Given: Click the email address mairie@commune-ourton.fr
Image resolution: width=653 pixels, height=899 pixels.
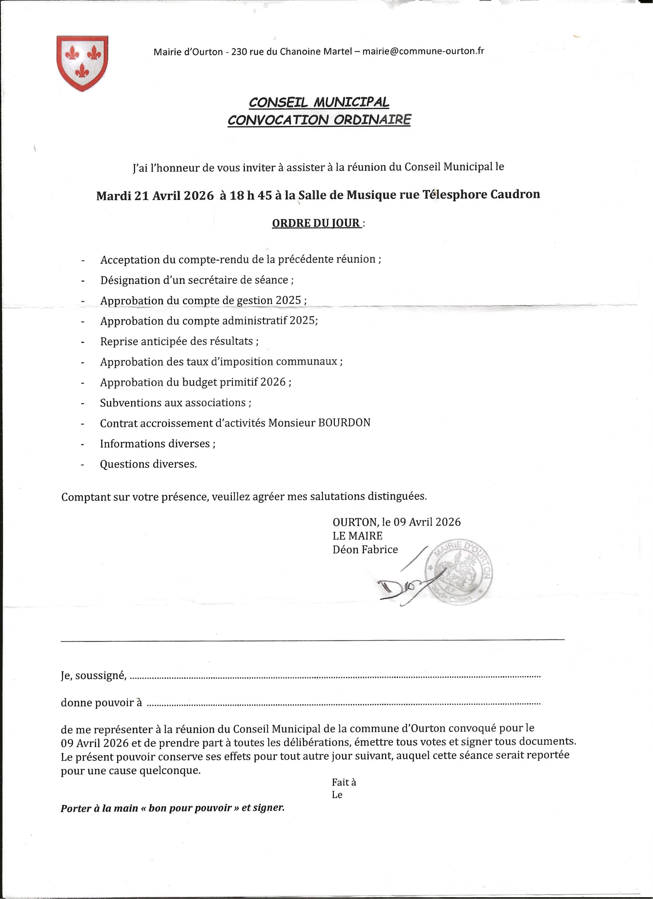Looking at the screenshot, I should pyautogui.click(x=423, y=51).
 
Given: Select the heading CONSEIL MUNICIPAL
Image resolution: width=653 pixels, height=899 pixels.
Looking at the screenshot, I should pyautogui.click(x=319, y=102).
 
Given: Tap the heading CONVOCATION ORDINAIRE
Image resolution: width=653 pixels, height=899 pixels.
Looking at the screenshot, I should pyautogui.click(x=319, y=120).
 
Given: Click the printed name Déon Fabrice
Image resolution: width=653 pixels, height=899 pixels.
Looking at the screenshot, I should pyautogui.click(x=365, y=549).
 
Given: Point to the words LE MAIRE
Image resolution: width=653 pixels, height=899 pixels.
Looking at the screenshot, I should pyautogui.click(x=358, y=536).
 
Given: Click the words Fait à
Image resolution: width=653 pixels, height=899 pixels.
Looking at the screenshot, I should pyautogui.click(x=344, y=782).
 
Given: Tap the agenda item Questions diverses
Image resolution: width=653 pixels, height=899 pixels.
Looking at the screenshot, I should pyautogui.click(x=148, y=464).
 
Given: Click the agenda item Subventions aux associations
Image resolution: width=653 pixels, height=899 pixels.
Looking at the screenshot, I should pyautogui.click(x=175, y=403).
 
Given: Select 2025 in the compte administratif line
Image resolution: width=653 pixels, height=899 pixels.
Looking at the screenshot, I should pyautogui.click(x=303, y=321).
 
